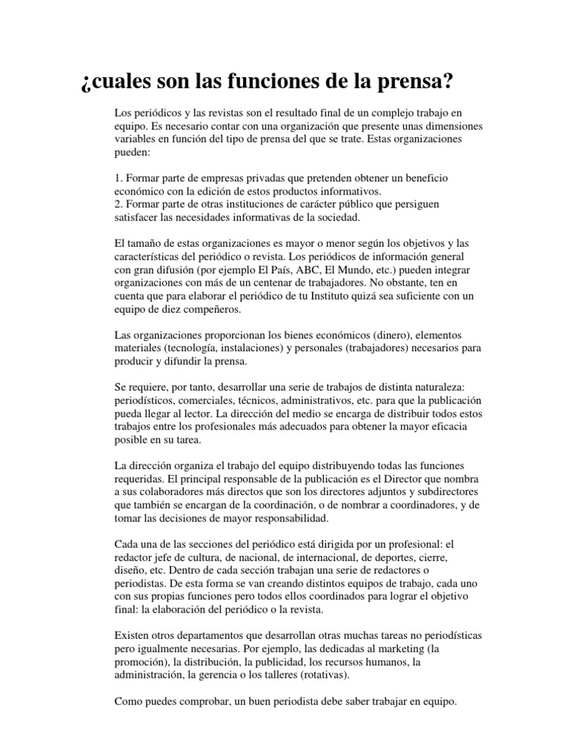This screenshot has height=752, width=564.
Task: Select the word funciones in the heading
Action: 284,81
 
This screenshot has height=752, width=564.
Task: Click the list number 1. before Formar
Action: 119,178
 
